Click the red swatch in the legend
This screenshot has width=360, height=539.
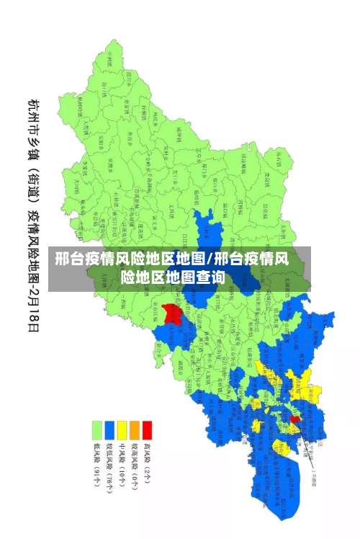pos(147,429)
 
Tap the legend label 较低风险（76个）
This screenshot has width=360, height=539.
pos(109,468)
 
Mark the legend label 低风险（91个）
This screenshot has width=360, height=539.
pos(96,466)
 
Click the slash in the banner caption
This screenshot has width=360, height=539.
pos(210,259)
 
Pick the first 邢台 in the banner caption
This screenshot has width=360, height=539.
pos(69,259)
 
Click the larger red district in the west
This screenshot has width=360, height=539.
pos(171,313)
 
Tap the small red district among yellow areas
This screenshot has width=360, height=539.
pos(294,418)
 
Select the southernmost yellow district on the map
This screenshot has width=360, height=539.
pos(282,448)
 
